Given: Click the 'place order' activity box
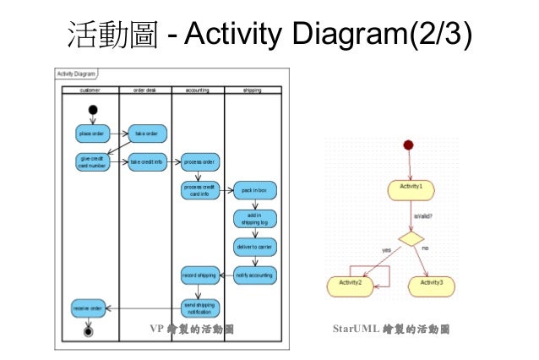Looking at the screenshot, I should [x=91, y=134].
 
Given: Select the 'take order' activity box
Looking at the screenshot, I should [x=147, y=134].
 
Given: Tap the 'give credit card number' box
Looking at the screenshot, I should [x=91, y=161].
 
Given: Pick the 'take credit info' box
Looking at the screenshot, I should [x=147, y=161].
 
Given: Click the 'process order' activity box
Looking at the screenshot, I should [x=200, y=161].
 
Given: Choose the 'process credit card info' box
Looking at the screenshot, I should [x=200, y=190].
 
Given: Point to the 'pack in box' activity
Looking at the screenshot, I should [x=254, y=190].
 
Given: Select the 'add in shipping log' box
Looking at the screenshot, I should [x=254, y=219].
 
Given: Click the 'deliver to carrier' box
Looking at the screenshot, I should [x=254, y=247].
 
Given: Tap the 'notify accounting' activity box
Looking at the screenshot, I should [x=254, y=275].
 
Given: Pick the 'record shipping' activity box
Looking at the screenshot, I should [x=200, y=275].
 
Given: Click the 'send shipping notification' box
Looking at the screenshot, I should [x=200, y=308].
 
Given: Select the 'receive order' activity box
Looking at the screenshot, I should [x=88, y=308].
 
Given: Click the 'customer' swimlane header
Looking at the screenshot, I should [x=90, y=89].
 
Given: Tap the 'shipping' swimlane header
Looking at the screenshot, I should [x=252, y=89].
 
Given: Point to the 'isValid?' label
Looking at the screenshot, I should [x=424, y=216].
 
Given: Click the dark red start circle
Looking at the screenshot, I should [x=410, y=145].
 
